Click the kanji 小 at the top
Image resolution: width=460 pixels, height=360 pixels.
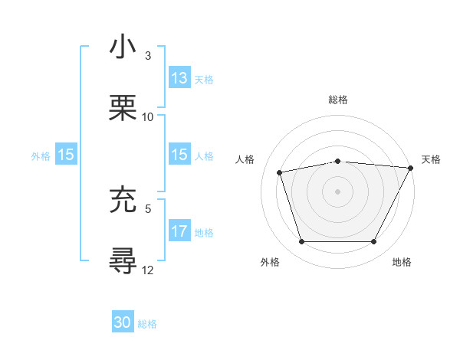(123, 47)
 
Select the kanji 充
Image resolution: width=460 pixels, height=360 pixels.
(123, 200)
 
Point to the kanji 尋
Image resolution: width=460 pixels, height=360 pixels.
(123, 260)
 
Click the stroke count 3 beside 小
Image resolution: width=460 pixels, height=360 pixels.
(148, 56)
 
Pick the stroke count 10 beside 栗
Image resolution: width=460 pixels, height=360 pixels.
(148, 117)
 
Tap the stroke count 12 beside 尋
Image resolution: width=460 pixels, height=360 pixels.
(148, 269)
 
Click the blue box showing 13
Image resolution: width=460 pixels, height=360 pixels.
(179, 78)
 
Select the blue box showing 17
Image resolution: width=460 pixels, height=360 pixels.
(179, 231)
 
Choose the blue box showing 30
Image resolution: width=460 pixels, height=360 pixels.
(123, 322)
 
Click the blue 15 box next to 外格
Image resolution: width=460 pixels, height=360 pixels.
(66, 155)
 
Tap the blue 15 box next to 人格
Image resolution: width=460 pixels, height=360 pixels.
(179, 155)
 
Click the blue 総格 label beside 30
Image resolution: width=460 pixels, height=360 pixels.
(147, 324)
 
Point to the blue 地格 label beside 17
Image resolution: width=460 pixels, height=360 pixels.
(204, 232)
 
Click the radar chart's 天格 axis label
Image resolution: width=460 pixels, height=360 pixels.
(431, 159)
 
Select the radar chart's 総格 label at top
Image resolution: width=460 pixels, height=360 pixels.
(338, 100)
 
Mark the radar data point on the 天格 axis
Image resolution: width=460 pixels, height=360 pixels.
(412, 168)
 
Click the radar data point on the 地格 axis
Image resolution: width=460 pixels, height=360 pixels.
(374, 242)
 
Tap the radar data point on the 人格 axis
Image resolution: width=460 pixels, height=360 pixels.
(280, 172)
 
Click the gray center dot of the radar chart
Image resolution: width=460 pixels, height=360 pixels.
(338, 191)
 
